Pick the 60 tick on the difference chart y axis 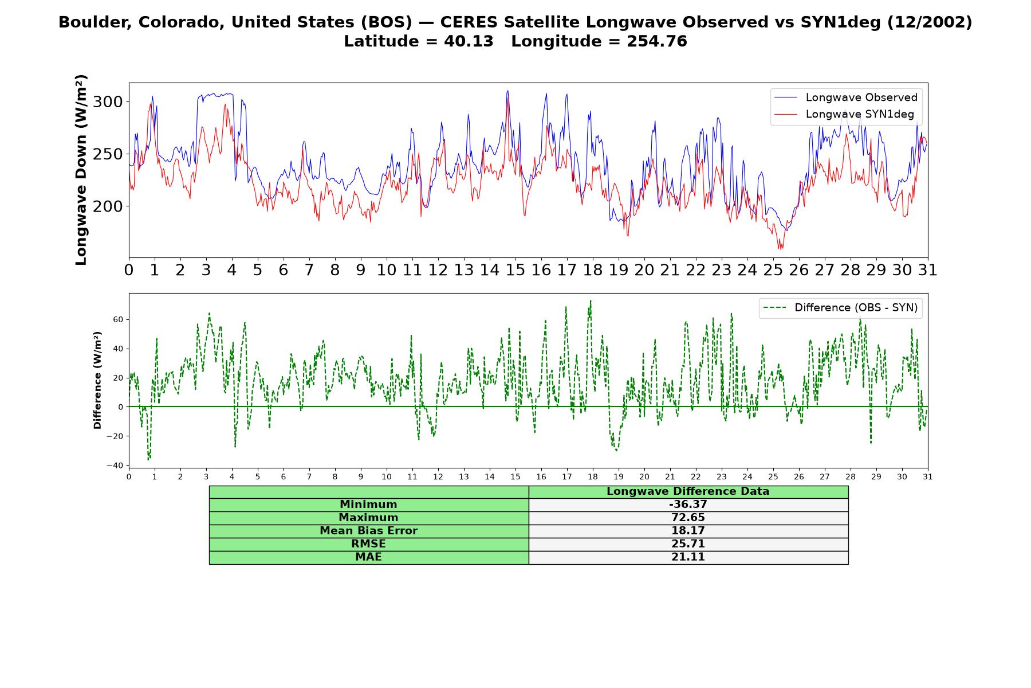pos(119,319)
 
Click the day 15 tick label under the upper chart pos(515,270)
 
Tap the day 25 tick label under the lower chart pos(773,477)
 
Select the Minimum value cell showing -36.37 pos(688,505)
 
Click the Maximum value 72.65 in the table pos(688,518)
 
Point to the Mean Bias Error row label pos(368,531)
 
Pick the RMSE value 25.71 pos(688,544)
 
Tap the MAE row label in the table pos(368,557)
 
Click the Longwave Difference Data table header pos(688,491)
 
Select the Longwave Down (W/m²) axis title pos(81,170)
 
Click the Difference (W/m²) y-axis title pos(97,381)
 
